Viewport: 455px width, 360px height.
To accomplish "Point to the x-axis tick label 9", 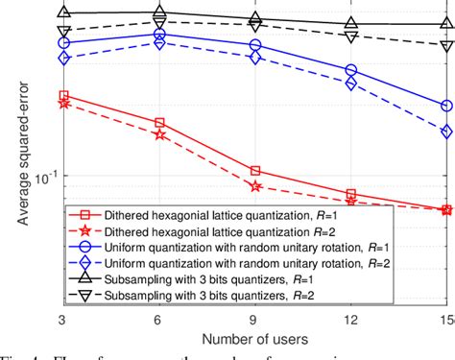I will tap(255, 317).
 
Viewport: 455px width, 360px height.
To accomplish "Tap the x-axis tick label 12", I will tap(350, 317).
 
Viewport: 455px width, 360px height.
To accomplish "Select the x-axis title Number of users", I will tap(255, 338).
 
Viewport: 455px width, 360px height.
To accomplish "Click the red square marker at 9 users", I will tap(255, 171).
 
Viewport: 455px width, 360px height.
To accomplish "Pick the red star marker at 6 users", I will tap(159, 135).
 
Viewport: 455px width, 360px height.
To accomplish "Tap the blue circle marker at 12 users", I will tap(350, 70).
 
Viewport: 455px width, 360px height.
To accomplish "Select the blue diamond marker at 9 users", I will tap(255, 58).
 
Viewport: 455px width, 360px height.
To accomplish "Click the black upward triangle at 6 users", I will tap(159, 13).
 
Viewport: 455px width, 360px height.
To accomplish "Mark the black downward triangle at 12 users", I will tap(350, 37).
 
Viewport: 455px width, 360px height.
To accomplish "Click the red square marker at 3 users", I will tap(64, 96).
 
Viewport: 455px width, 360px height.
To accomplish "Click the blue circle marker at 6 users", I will tap(159, 35).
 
